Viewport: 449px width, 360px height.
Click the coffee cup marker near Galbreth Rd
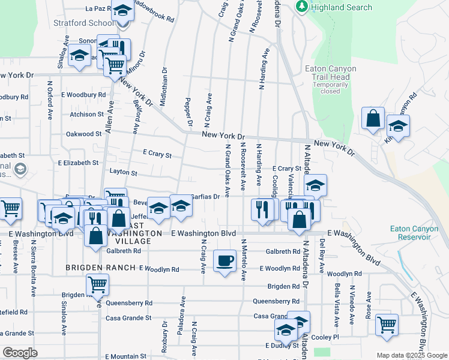pyautogui.click(x=224, y=261)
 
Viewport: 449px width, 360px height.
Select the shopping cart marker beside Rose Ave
pyautogui.click(x=387, y=326)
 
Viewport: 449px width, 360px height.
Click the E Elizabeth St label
pyautogui.click(x=78, y=163)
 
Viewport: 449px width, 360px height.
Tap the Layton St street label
pyautogui.click(x=124, y=173)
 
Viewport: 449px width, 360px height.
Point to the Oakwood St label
pyautogui.click(x=83, y=134)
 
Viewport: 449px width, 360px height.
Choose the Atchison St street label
pyautogui.click(x=86, y=114)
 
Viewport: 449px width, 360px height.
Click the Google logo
pyautogui.click(x=20, y=352)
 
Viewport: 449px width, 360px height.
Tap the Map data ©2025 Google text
pyautogui.click(x=412, y=355)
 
